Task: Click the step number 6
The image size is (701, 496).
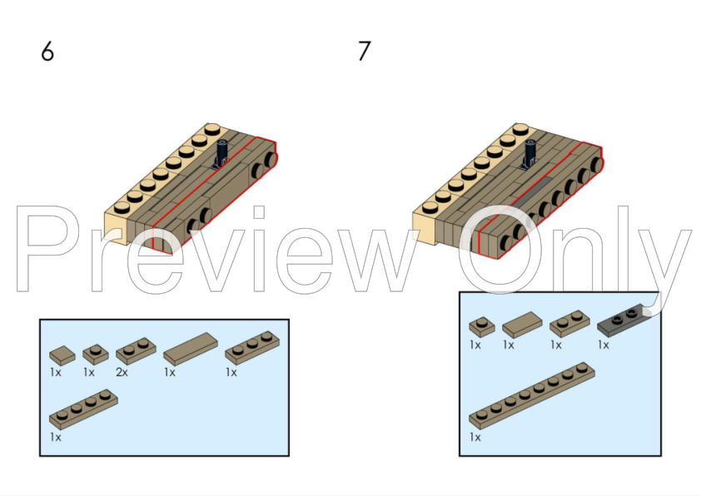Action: (x=47, y=52)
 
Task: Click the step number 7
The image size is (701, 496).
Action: (x=365, y=52)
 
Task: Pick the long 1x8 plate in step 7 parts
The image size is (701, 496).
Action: (x=532, y=396)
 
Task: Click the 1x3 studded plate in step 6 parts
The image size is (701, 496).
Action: (x=252, y=348)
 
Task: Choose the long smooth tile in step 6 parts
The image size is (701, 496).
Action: (x=191, y=349)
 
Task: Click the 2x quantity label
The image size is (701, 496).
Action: (x=122, y=372)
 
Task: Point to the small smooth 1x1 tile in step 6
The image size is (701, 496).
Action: (x=62, y=355)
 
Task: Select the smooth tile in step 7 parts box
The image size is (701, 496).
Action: (x=522, y=325)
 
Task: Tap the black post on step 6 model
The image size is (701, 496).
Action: (x=221, y=155)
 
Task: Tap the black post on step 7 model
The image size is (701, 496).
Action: (x=529, y=155)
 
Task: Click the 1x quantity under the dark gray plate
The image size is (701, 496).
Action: (x=603, y=345)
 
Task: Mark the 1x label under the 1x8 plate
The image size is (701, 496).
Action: (x=475, y=437)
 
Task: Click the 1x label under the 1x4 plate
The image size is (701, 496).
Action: (x=56, y=437)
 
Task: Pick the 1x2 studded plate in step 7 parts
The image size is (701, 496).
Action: (x=569, y=324)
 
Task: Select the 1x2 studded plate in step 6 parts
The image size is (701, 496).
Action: (x=136, y=350)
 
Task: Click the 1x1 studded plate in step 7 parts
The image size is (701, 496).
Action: (x=482, y=327)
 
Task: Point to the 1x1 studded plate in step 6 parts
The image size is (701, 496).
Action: (x=96, y=355)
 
